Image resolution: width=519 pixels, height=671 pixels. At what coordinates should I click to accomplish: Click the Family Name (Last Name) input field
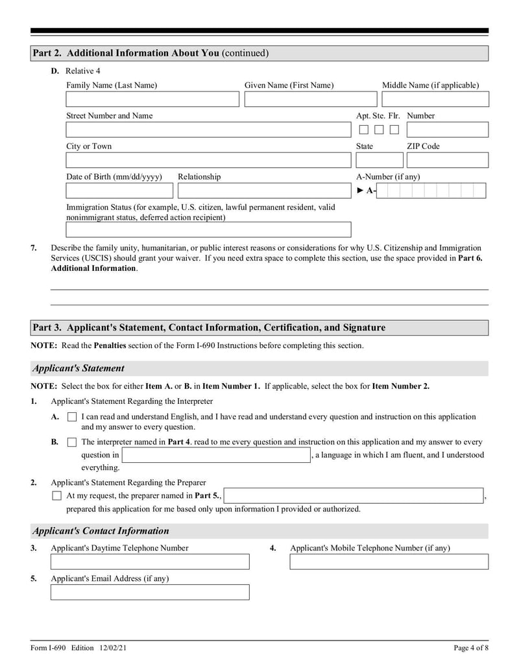point(152,99)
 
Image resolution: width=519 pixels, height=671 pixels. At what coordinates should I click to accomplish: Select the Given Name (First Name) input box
point(310,99)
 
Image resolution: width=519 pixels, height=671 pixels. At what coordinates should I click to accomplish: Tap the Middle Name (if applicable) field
point(435,99)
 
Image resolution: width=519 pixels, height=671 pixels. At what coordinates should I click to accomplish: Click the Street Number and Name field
point(208,130)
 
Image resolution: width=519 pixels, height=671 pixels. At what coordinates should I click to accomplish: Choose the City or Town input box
point(208,160)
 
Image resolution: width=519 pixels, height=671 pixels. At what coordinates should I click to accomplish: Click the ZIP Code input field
point(447,160)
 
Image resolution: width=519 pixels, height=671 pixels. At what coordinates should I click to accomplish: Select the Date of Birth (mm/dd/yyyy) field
point(119,191)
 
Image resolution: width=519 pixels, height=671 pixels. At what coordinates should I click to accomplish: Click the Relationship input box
point(264,191)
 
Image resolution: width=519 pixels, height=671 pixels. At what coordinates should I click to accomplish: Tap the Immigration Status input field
point(208,230)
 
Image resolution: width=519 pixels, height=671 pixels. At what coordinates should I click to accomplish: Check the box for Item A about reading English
point(72,418)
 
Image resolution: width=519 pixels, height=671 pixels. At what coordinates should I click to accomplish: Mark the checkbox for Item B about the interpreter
point(72,442)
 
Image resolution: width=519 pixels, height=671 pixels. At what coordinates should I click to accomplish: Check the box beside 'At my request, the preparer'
point(56,496)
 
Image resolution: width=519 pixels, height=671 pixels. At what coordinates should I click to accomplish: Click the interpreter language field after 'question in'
point(217,455)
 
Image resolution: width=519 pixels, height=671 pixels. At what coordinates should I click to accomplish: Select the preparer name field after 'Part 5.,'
point(354,496)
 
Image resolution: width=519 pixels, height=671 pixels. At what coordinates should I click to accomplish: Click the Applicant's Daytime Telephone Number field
point(150,561)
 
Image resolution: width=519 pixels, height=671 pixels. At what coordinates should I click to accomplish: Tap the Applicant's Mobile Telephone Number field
point(389,561)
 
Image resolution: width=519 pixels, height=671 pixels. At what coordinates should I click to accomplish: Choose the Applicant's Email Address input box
point(150,592)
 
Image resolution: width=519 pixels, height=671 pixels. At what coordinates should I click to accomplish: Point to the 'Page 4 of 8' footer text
point(470,648)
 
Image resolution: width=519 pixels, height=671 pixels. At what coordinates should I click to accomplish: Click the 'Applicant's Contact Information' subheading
point(101,531)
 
